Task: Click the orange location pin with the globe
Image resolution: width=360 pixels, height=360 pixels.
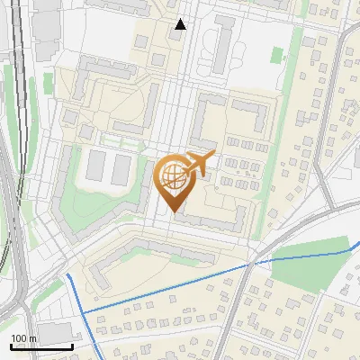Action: tap(173, 179)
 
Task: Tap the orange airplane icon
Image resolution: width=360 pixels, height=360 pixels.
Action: tap(199, 164)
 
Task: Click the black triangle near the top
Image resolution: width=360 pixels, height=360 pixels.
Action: tap(180, 24)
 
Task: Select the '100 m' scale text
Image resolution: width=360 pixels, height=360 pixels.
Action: tap(24, 338)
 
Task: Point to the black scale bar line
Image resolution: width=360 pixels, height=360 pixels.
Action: tap(41, 346)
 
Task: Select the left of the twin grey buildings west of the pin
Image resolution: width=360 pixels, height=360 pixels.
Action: tap(96, 164)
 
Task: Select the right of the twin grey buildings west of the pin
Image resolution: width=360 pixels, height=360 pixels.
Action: tap(122, 165)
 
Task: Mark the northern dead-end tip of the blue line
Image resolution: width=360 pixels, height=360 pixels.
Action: tap(67, 273)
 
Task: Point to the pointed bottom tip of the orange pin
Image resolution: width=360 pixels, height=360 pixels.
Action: tap(173, 212)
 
